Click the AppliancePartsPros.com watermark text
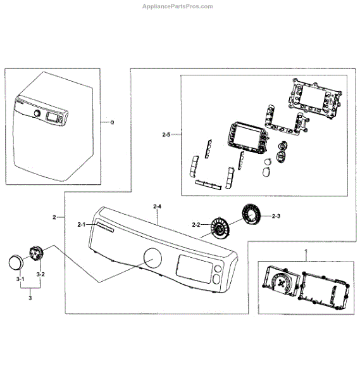(x=177, y=6)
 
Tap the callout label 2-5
(x=166, y=134)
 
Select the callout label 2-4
(x=157, y=206)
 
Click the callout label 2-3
(x=276, y=216)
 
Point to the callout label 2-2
(x=196, y=225)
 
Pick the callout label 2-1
(x=82, y=225)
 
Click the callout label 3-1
(x=20, y=279)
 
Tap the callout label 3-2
(x=40, y=274)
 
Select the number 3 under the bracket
(x=30, y=298)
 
